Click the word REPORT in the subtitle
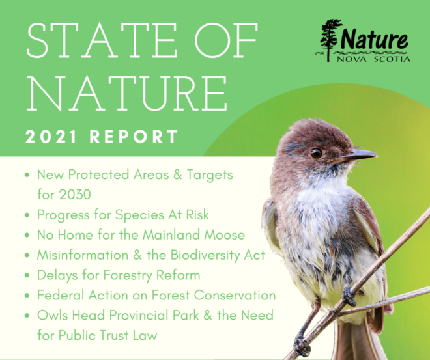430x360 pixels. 134,137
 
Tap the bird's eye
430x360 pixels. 316,152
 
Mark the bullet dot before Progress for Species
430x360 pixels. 26,215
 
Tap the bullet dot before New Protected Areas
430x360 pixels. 26,175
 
